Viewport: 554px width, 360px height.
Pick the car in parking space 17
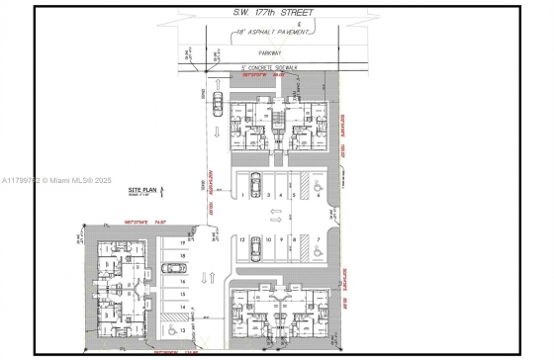(175, 267)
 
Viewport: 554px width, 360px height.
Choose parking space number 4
(281, 196)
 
